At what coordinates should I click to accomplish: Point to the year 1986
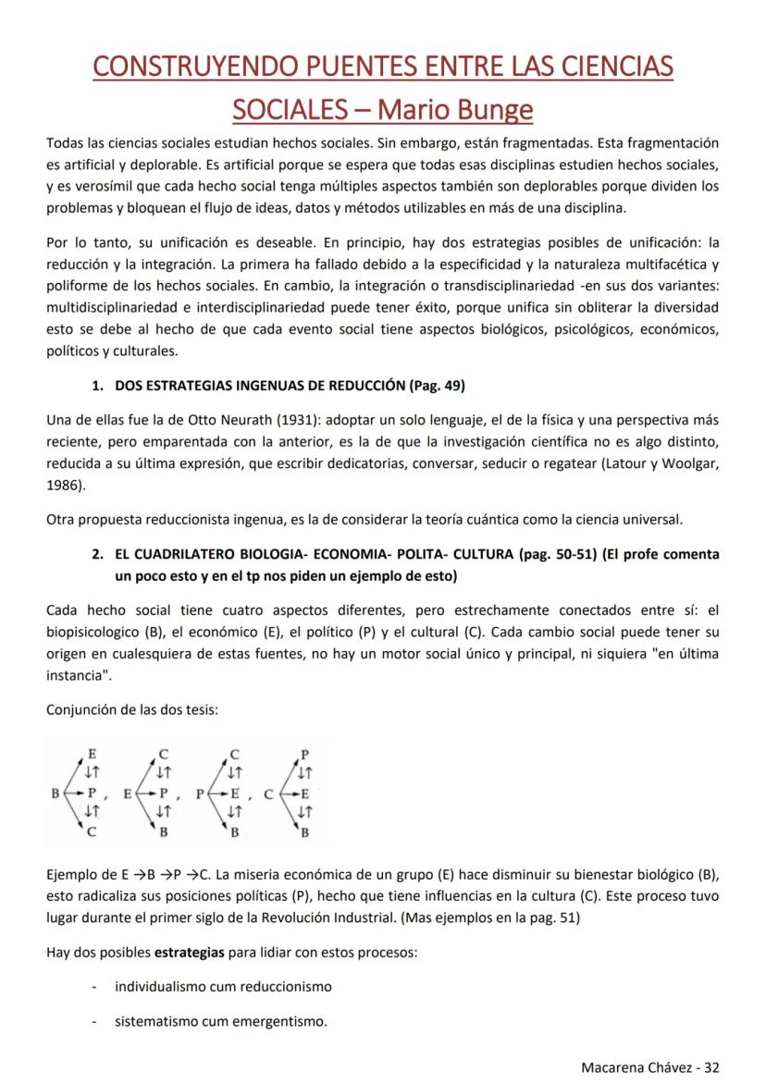[x=63, y=483]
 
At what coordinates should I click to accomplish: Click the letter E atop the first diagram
[x=91, y=753]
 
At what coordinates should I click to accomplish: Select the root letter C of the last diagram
[x=268, y=793]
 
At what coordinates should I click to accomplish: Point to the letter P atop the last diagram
[x=305, y=753]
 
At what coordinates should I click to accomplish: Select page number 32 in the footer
[x=710, y=1066]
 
